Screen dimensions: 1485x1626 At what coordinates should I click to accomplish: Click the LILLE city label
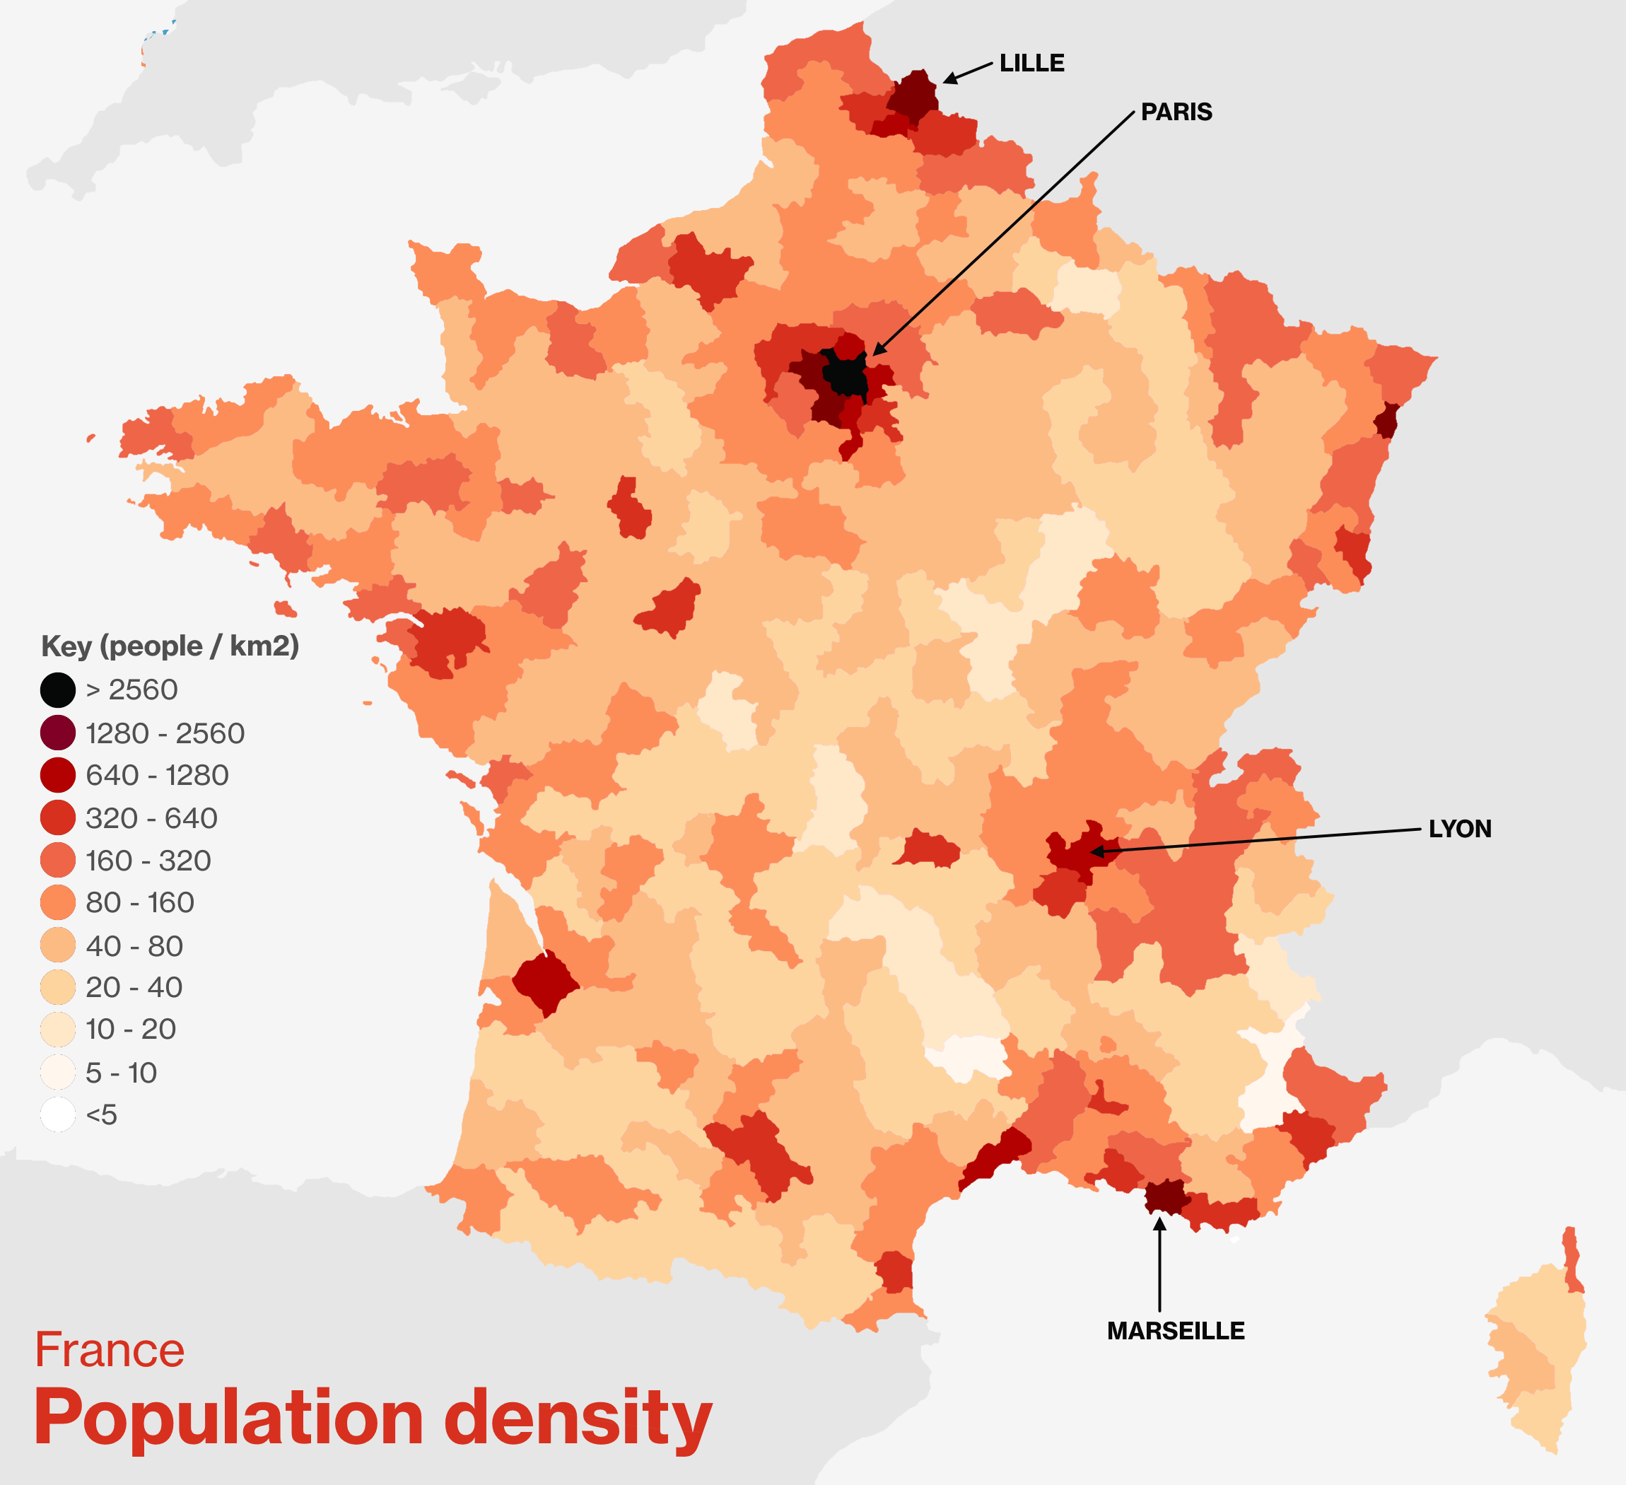click(1031, 63)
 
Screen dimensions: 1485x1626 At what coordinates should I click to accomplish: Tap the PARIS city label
click(1176, 112)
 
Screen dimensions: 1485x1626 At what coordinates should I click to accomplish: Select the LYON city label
click(1460, 829)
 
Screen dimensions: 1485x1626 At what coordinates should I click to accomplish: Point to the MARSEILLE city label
click(1175, 1331)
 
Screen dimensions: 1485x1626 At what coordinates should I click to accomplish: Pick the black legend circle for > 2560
click(58, 690)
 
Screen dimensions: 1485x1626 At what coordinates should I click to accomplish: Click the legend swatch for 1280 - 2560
click(58, 733)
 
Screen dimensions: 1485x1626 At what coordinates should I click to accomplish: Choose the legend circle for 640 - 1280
click(58, 775)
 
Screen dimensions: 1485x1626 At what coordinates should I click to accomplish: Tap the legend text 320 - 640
click(151, 818)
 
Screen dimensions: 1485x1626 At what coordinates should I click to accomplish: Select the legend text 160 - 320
click(148, 861)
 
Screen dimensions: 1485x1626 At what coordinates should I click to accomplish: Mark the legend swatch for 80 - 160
click(58, 902)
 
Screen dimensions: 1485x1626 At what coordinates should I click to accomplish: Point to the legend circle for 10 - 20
click(58, 1030)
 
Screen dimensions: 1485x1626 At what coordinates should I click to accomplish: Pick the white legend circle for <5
click(58, 1114)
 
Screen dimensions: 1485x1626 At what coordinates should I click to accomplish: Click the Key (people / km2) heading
click(170, 646)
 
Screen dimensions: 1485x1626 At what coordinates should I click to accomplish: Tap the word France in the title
click(110, 1351)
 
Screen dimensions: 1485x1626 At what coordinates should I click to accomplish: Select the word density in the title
click(578, 1420)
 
